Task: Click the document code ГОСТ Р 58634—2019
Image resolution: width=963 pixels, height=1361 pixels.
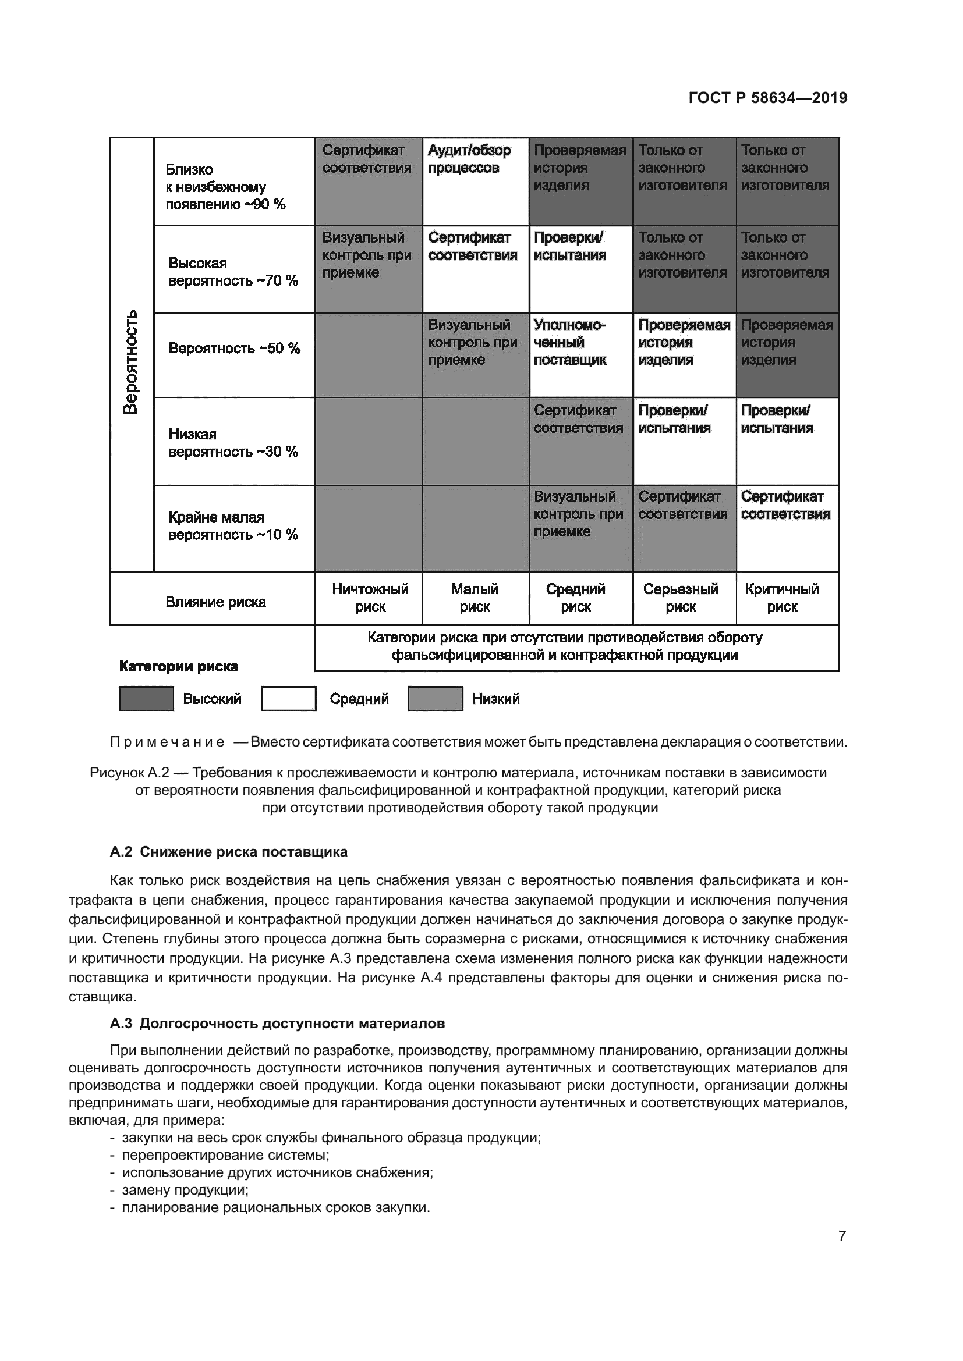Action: point(767,98)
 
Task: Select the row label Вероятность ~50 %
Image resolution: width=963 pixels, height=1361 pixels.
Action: point(233,348)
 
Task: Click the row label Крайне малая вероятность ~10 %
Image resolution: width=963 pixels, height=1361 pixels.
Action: point(232,526)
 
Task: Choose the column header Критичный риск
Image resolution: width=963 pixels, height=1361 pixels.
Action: point(781,598)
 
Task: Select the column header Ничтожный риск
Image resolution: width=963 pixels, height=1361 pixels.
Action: point(370,598)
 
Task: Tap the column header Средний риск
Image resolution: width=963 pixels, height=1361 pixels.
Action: point(575,598)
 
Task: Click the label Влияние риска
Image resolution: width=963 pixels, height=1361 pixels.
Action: point(215,602)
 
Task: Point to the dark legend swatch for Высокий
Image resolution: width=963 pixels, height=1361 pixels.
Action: point(146,698)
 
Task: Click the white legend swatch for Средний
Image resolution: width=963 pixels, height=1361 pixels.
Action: point(289,698)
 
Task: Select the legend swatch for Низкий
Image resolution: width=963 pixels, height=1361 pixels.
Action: point(436,698)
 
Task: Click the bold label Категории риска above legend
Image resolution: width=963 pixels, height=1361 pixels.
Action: point(179,666)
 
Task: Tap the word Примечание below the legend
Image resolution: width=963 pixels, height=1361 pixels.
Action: point(167,742)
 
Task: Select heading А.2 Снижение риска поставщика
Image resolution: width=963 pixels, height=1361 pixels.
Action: point(228,852)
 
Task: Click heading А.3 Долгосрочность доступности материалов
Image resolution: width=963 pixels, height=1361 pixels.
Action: point(277,1024)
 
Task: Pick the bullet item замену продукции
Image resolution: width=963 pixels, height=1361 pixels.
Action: point(185,1190)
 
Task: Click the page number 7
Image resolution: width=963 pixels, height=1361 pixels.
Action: point(841,1236)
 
